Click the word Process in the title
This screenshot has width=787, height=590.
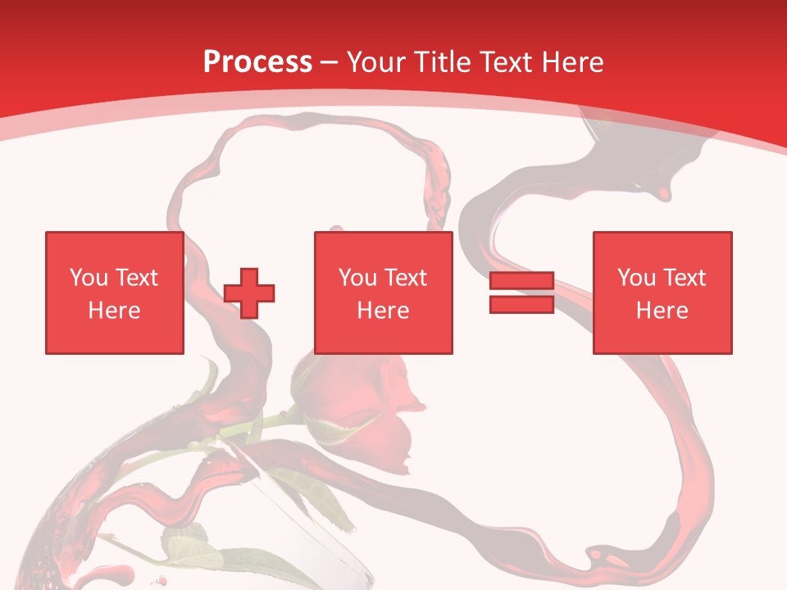coord(257,61)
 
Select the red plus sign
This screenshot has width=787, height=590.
coord(249,293)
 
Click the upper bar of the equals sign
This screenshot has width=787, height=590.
coord(521,281)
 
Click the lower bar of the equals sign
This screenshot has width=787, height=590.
coord(521,304)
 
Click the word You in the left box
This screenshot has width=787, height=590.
coord(89,278)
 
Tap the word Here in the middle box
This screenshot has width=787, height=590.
coord(383,311)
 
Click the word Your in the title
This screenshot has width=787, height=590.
coord(375,61)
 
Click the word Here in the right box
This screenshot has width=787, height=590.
coord(662,311)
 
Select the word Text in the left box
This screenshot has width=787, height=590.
coord(136,278)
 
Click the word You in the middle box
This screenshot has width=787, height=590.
coord(357,278)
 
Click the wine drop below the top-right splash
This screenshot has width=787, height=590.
coord(662,194)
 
